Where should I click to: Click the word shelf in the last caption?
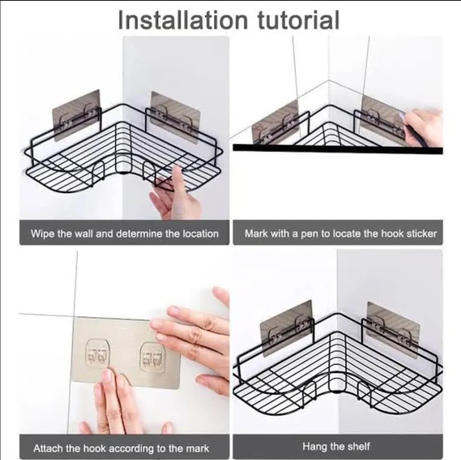pos(358,446)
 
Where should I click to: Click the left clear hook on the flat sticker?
pos(97,354)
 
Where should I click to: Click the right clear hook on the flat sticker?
pos(152,357)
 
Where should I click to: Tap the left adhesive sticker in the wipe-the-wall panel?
pos(76,115)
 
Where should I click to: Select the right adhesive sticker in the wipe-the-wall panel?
pos(175,117)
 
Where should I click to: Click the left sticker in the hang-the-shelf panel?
pos(286,327)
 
